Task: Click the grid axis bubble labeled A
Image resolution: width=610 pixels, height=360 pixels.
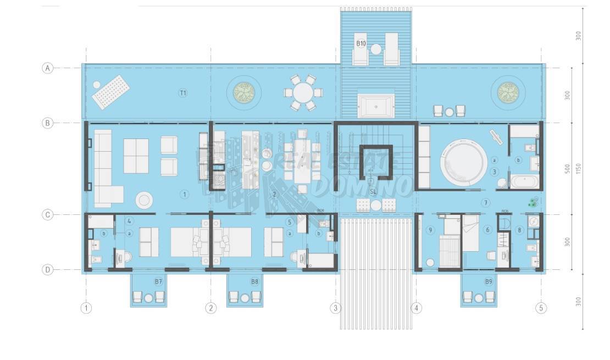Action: pos(48,68)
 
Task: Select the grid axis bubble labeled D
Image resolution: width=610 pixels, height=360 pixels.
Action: pos(48,270)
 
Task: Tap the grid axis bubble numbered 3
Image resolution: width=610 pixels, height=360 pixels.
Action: pos(335,308)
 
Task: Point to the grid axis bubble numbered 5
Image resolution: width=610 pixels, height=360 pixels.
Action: pos(541,308)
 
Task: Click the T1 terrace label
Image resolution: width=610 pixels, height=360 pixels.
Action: pos(183,93)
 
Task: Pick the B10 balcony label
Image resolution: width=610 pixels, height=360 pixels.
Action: pos(361,43)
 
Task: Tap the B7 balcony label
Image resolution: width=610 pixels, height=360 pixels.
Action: pos(158,281)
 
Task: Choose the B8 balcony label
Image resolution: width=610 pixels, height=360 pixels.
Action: pos(254,281)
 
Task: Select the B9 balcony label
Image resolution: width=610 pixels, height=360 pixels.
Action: pos(489,281)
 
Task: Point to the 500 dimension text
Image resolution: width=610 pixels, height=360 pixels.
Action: pos(567,169)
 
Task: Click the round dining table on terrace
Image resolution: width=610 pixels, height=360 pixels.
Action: pos(302,92)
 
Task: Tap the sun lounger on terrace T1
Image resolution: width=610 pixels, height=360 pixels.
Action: pos(112,92)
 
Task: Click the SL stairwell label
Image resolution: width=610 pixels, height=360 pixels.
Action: pos(373,191)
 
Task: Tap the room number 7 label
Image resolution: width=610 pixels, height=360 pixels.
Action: pos(486,203)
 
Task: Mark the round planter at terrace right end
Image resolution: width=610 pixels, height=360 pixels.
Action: pos(508,92)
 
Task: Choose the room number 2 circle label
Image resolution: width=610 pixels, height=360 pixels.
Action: pos(275,194)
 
